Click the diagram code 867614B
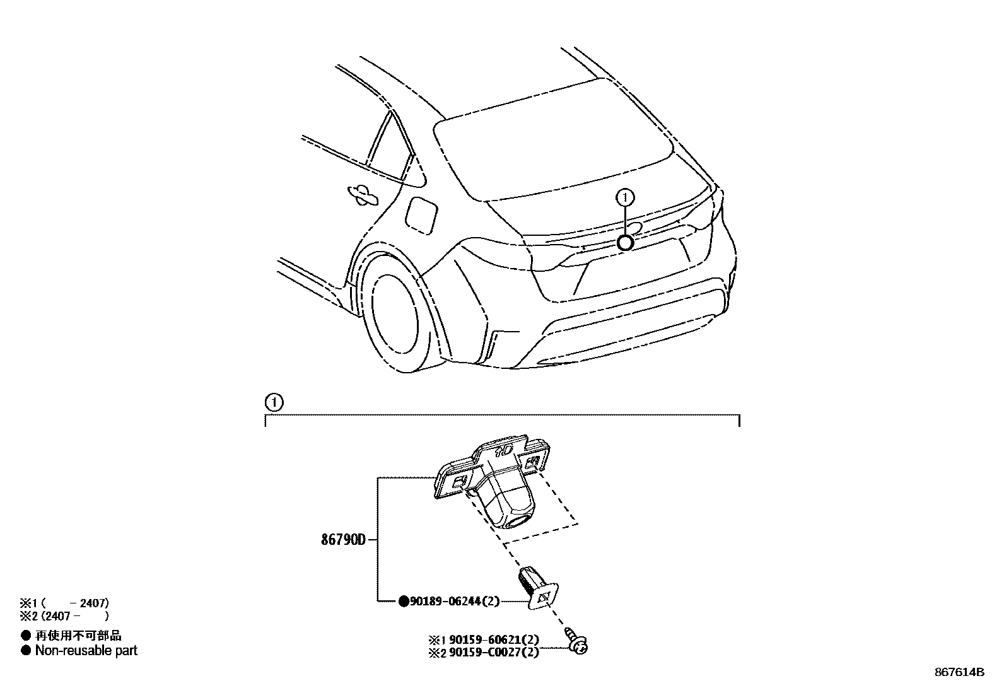pos(959,672)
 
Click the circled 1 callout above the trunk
pos(625,198)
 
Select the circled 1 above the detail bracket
pos(273,402)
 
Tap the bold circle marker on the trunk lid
pos(625,242)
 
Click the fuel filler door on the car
pos(420,214)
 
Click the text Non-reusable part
pos(86,651)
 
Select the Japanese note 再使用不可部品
pos(78,636)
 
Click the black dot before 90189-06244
pos(404,602)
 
